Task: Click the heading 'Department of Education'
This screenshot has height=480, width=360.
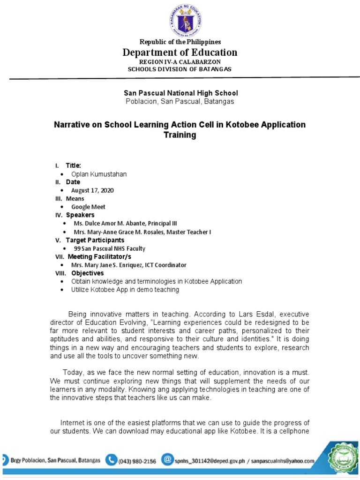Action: pos(180,52)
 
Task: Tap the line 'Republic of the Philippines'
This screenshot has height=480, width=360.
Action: pos(180,42)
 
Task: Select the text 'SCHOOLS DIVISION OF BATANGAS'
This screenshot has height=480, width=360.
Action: pos(180,69)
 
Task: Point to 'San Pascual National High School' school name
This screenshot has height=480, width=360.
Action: pos(180,93)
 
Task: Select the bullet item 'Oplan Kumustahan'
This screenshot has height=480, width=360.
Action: pos(99,174)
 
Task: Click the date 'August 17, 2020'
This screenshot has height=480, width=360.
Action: pos(92,190)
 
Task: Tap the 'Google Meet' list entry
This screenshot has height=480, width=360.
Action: pos(88,207)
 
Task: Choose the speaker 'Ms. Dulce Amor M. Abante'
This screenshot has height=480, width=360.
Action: pos(106,223)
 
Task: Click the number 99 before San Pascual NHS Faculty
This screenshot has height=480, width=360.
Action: pos(77,248)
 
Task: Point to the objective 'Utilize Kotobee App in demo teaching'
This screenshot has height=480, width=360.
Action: pos(125,290)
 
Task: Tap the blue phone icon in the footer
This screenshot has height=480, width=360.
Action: pos(111,460)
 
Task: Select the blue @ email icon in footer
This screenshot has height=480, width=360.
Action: pos(167,460)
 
